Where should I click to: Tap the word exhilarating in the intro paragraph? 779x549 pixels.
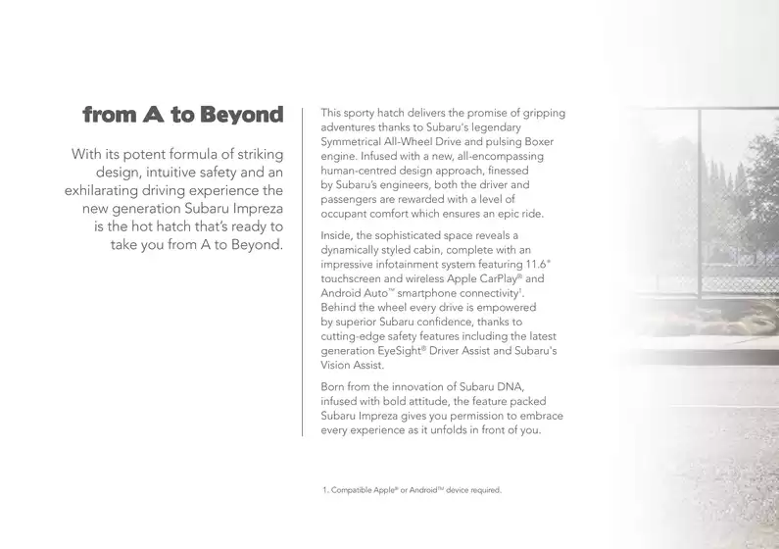tap(108, 190)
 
